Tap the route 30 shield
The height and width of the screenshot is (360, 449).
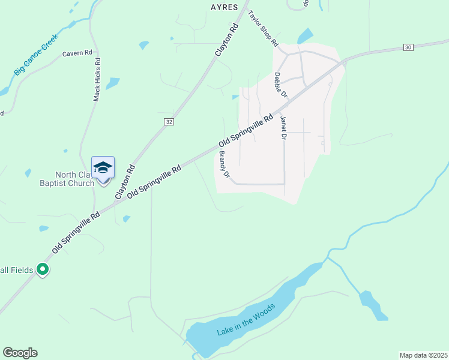(x=408, y=47)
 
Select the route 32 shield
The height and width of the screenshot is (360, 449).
(x=169, y=121)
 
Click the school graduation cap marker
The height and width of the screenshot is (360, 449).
(x=103, y=167)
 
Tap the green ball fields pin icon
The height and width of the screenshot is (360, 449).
(x=42, y=270)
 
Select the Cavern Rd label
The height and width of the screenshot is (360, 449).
(x=77, y=53)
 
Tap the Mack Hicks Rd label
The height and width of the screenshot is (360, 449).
(x=97, y=79)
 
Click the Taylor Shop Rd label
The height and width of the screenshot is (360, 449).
(x=264, y=28)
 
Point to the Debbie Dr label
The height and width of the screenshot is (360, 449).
(x=281, y=86)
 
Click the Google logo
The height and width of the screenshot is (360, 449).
(x=20, y=353)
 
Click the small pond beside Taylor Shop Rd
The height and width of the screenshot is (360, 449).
(x=306, y=35)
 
